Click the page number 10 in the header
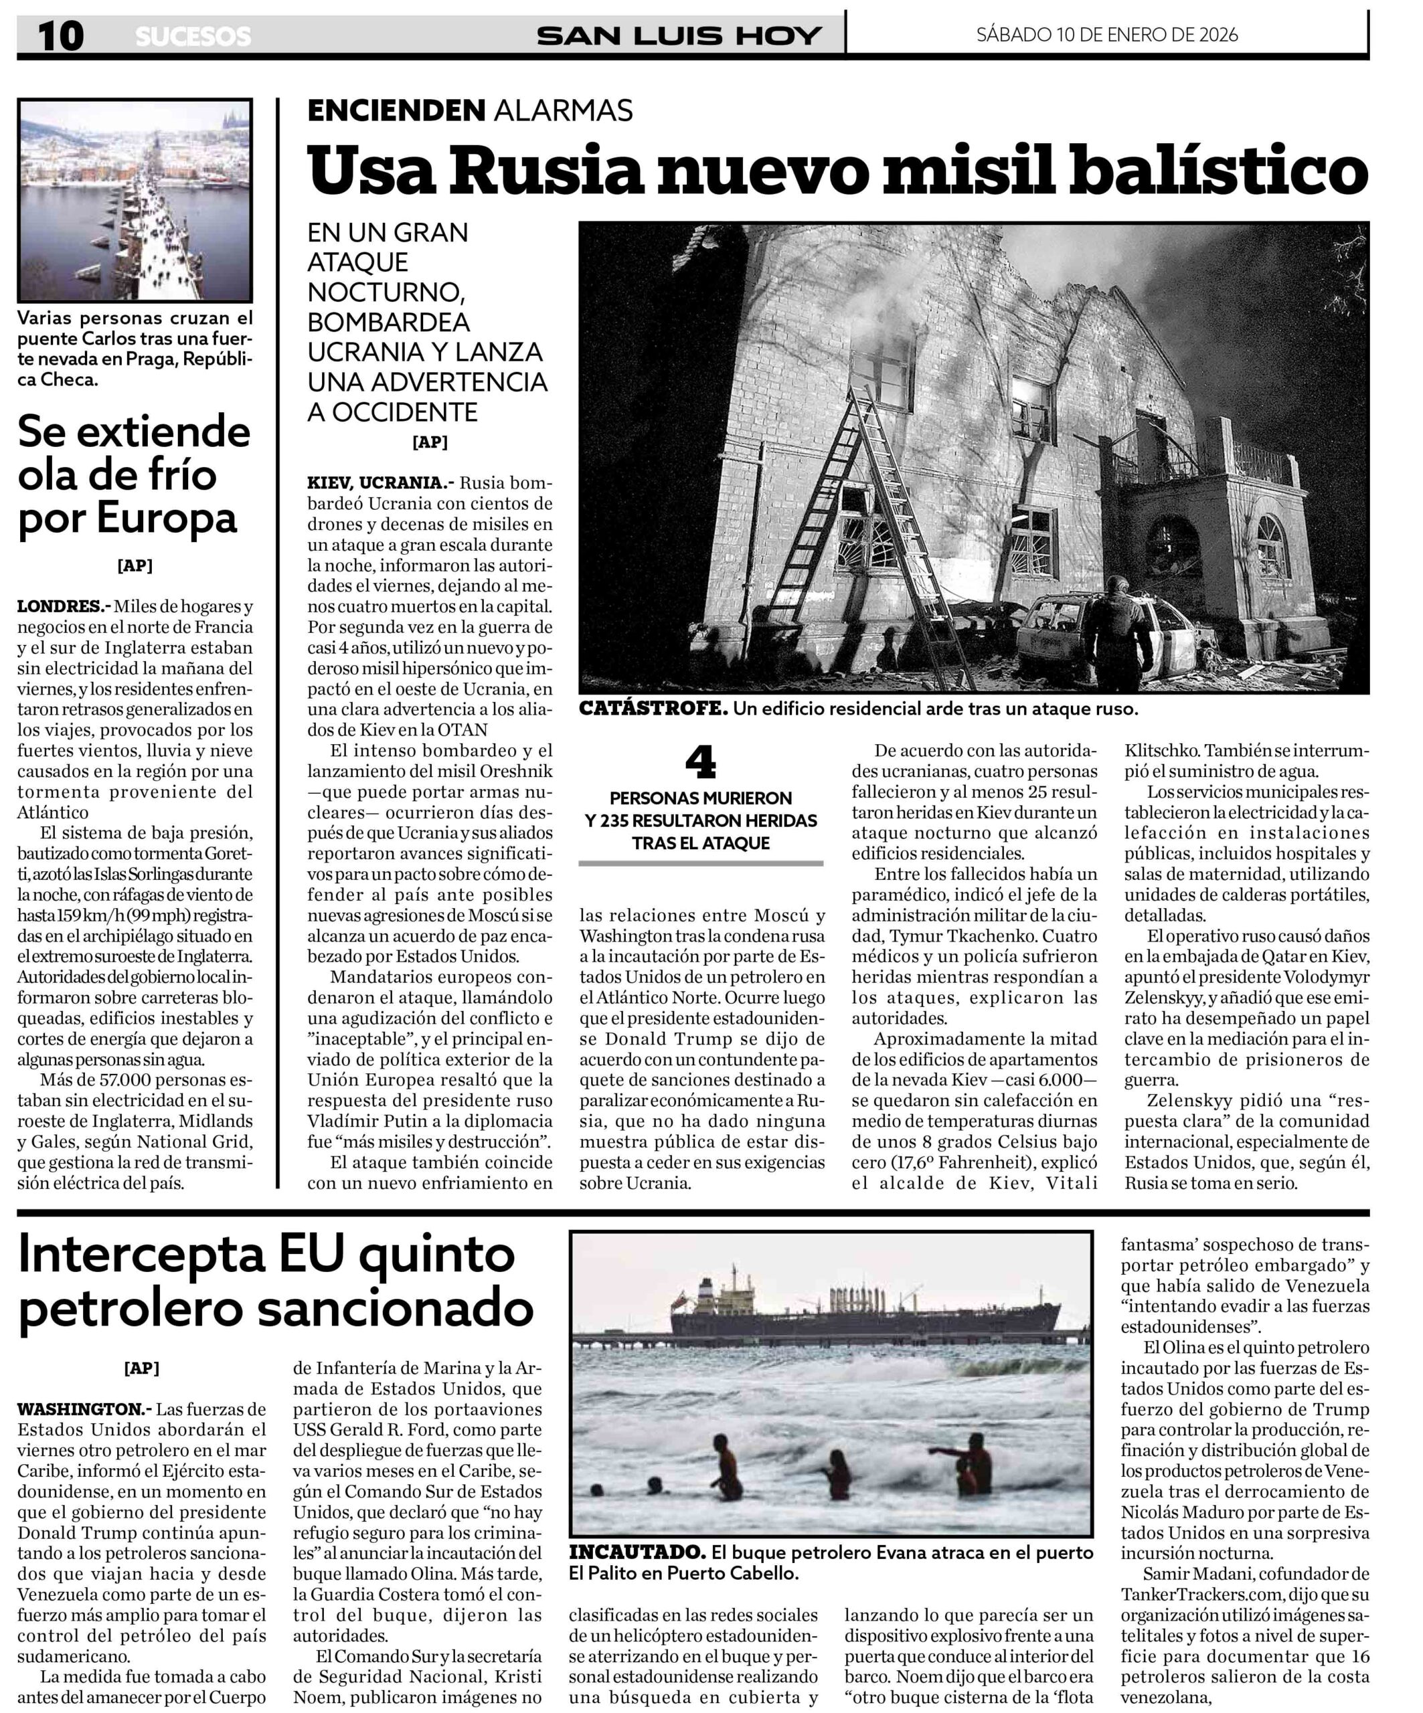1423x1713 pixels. click(x=60, y=36)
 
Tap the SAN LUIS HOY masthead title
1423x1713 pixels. click(x=679, y=36)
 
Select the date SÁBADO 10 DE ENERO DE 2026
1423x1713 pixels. click(x=1106, y=34)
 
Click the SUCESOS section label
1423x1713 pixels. click(x=193, y=37)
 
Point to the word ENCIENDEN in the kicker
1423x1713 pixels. click(x=396, y=110)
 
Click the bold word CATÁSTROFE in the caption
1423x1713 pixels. click(x=653, y=709)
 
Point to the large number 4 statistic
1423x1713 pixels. click(x=700, y=763)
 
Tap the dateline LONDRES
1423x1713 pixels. click(x=63, y=606)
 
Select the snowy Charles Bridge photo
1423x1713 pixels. click(x=135, y=201)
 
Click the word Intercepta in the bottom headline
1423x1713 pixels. click(x=143, y=1254)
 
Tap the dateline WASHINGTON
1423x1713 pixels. click(x=83, y=1409)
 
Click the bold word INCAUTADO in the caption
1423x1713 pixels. click(x=637, y=1552)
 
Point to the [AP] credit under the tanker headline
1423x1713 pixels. click(x=141, y=1368)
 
